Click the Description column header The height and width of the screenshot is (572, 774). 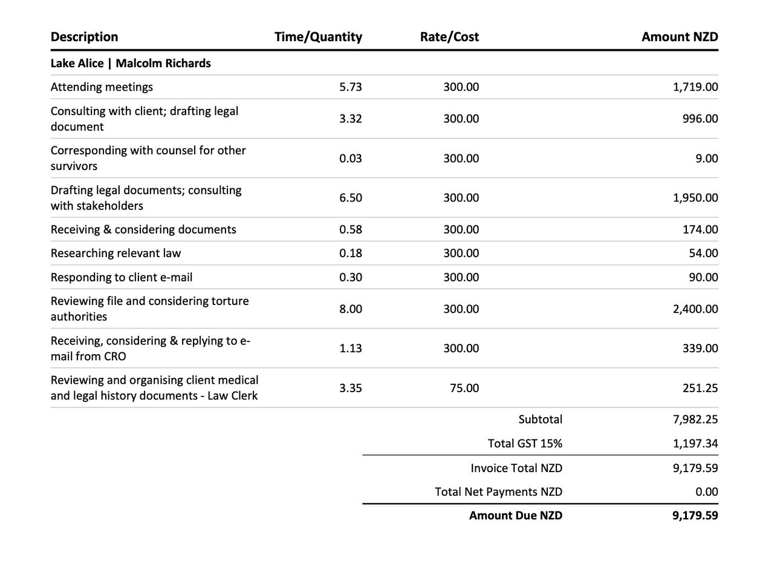tap(84, 37)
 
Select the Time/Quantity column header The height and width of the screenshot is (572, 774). tap(318, 37)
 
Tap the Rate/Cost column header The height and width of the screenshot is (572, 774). tap(449, 37)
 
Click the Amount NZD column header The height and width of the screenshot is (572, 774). tap(680, 37)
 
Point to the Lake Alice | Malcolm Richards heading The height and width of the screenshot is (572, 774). tap(131, 64)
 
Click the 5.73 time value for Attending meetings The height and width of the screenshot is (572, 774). tap(351, 87)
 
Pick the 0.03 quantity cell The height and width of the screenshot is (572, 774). tap(351, 159)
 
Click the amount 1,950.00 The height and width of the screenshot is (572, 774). tap(695, 198)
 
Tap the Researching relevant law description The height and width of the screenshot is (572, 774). tap(115, 254)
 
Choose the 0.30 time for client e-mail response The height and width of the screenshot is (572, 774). tap(351, 277)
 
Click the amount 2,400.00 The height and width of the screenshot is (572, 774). tap(695, 309)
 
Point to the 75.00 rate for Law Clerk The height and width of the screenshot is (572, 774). tap(464, 388)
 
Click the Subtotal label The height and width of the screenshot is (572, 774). tap(540, 419)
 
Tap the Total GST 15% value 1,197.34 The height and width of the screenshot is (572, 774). tap(695, 444)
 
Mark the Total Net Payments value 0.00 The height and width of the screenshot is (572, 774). tap(707, 492)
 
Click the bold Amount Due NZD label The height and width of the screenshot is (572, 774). tap(516, 516)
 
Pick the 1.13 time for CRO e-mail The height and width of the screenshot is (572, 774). tap(351, 349)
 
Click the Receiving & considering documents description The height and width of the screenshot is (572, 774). tap(143, 230)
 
